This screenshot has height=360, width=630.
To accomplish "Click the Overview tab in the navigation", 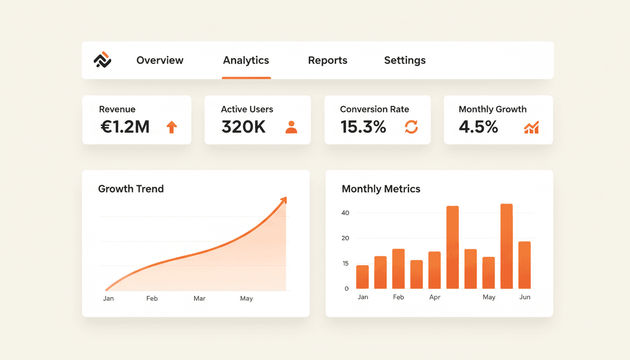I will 160,60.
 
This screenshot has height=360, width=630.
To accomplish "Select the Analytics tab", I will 246,60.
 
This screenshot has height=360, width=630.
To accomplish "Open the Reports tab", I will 328,60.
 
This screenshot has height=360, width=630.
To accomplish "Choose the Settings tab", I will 405,60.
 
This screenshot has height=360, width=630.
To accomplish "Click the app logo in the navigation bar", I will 102,60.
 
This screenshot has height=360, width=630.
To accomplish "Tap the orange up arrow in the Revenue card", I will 172,127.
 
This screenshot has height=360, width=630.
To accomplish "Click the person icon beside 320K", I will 291,127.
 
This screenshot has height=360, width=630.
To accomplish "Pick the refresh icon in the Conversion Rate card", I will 411,127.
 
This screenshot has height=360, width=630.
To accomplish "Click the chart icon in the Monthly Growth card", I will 531,127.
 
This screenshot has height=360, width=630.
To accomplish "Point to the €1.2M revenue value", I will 125,127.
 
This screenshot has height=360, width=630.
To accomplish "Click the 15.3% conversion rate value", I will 363,127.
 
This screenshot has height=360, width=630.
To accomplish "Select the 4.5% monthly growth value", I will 478,127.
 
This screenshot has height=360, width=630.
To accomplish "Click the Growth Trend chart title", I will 131,189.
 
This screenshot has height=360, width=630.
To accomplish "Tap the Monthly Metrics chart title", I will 381,189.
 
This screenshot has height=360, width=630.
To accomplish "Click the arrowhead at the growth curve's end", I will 283,201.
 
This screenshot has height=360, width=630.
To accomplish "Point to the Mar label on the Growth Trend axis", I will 200,299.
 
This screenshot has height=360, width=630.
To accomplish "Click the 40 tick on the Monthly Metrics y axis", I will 345,213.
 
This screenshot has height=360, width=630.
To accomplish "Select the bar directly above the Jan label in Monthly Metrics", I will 362,277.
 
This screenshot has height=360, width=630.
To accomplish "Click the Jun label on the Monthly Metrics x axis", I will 525,297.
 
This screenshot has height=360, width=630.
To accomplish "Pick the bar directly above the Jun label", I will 525,265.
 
